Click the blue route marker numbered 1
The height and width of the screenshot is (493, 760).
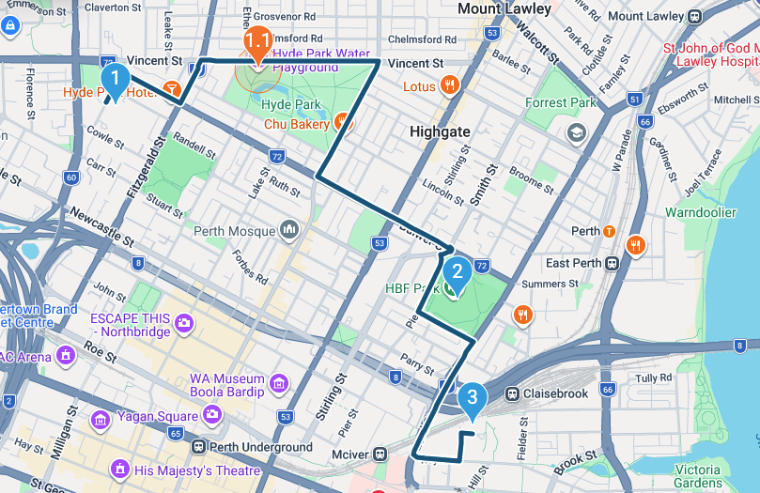point(114,80)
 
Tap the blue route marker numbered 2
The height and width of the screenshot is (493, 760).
point(458,273)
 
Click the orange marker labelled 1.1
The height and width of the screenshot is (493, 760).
point(257,42)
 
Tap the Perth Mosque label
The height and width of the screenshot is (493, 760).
point(235,231)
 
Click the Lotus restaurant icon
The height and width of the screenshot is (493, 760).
point(451,86)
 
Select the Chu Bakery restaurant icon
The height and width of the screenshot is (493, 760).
point(342,123)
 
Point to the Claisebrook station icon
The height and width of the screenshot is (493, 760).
point(513,394)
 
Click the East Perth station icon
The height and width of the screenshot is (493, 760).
point(612,263)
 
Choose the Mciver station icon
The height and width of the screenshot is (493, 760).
point(380,454)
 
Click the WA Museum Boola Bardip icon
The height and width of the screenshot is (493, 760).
point(278,383)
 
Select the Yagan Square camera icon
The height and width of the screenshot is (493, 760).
point(213,415)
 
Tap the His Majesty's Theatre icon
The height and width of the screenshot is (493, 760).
point(119,469)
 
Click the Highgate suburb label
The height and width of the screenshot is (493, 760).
point(440,132)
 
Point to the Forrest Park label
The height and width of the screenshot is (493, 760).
point(561,103)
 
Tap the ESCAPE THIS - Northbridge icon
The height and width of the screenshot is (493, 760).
point(184,324)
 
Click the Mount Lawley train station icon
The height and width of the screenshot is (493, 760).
point(695,16)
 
